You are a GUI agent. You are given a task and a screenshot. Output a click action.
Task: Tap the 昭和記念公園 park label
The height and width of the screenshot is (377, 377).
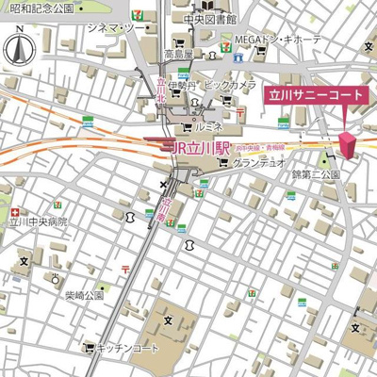[x=38, y=8]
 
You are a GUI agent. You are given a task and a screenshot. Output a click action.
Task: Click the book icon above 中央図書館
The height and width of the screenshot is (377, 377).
[x=203, y=5]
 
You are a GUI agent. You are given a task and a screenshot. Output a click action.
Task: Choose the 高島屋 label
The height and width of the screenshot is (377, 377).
[x=177, y=54]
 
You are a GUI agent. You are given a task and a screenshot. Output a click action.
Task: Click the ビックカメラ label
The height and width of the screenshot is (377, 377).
[x=230, y=86]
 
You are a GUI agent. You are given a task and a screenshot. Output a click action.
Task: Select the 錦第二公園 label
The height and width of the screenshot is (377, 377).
[x=316, y=175]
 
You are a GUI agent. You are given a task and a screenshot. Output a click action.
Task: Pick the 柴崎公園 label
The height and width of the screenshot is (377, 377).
[x=83, y=295]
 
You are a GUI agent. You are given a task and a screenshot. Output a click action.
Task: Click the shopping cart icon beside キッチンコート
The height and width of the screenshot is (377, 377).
[x=91, y=348]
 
